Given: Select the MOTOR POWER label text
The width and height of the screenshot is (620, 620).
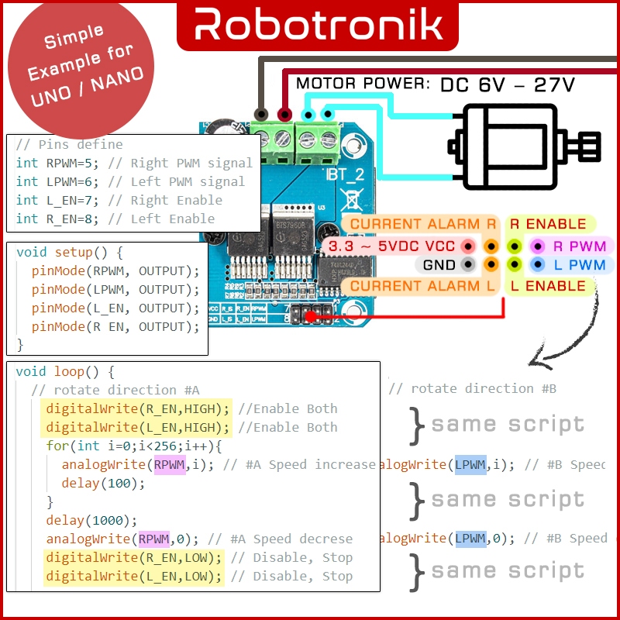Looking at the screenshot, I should (363, 84).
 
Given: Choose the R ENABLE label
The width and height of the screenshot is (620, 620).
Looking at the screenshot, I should (547, 224).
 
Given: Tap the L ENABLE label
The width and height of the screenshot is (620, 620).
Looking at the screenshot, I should (547, 286).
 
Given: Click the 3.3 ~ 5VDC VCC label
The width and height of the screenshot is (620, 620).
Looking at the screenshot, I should (391, 246).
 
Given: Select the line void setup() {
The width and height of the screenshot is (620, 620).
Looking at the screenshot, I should (70, 253).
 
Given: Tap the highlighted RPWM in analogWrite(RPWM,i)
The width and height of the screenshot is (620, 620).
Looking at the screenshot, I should (170, 465).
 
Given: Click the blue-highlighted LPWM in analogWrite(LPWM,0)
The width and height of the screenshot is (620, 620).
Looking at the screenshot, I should (470, 538).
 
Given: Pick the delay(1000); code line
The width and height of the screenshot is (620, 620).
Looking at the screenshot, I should (91, 520).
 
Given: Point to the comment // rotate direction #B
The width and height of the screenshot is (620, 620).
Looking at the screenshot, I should (472, 388).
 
